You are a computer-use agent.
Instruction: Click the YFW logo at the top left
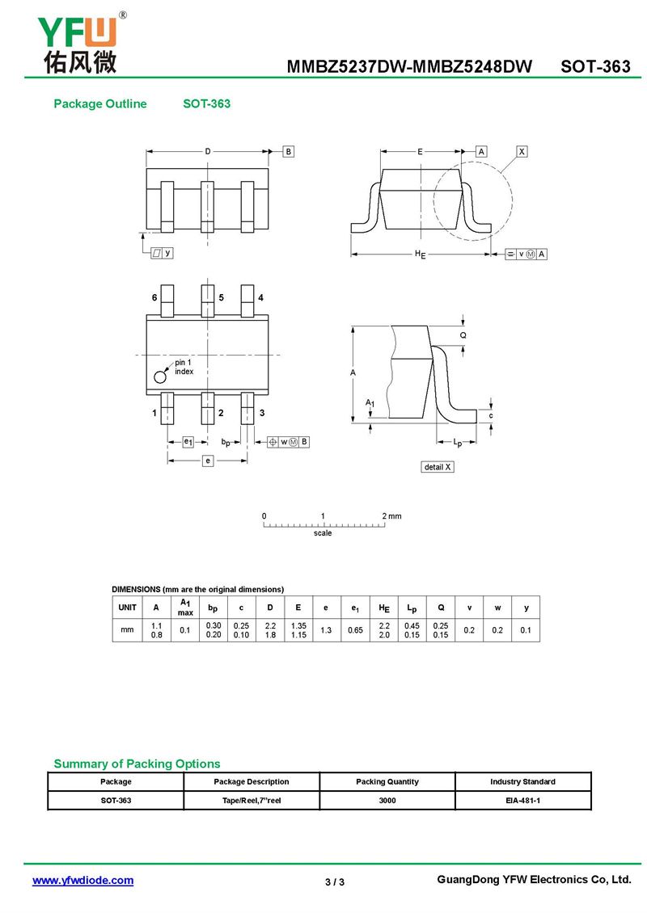(x=80, y=44)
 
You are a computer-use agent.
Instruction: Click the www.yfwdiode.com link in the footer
(x=82, y=881)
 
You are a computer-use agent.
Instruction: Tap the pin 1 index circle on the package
(x=160, y=377)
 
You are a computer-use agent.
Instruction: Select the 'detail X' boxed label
(x=438, y=467)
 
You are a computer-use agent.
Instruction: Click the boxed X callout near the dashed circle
(x=522, y=151)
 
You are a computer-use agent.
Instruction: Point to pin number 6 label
(x=154, y=297)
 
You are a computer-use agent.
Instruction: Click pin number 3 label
(x=262, y=413)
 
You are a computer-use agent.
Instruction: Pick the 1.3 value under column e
(x=326, y=630)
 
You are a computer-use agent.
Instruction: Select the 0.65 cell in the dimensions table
(x=355, y=630)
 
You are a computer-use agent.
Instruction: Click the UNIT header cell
(x=127, y=608)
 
